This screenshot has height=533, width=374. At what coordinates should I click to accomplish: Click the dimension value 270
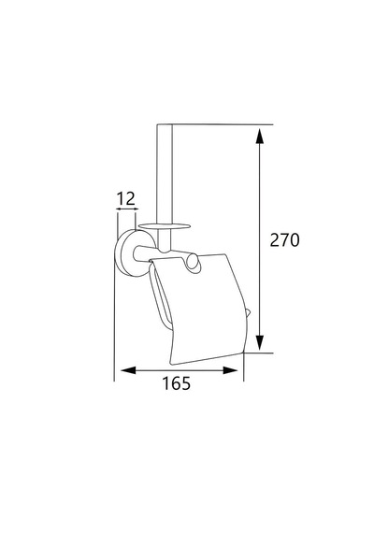pos(284,240)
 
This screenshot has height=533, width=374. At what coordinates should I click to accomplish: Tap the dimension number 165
pos(177,383)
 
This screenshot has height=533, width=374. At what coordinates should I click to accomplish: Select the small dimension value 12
pos(126,199)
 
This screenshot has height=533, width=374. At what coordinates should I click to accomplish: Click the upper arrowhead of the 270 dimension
pos(260,137)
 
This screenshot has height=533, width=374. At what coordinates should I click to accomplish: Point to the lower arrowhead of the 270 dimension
pos(260,342)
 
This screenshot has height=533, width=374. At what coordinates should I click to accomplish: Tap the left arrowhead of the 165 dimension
pos(128,370)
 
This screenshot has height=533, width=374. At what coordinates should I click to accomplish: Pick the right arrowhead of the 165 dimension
pos(230,370)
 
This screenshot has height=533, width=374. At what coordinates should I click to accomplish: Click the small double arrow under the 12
pos(127,209)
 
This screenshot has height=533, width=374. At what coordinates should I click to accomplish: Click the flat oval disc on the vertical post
pos(165,225)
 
